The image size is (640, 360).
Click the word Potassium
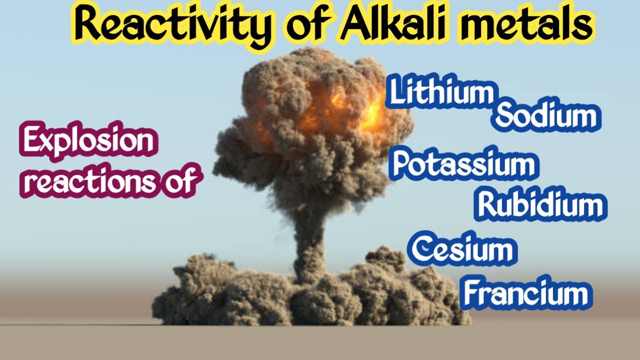(462, 165)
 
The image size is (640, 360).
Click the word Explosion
(88, 142)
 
